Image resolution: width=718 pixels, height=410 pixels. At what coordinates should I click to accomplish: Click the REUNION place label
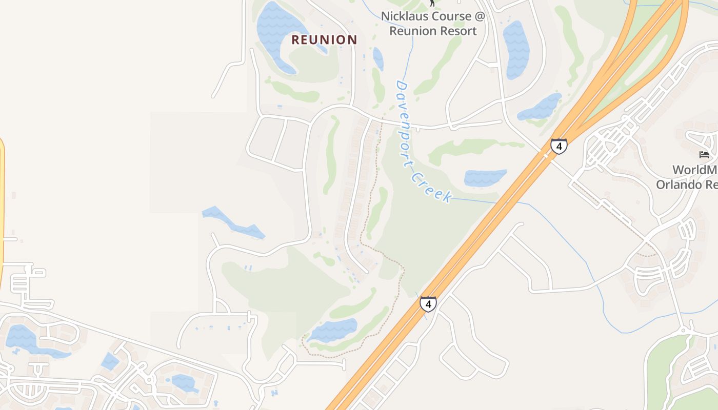click(324, 39)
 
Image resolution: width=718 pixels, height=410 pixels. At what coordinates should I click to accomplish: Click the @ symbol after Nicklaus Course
click(479, 16)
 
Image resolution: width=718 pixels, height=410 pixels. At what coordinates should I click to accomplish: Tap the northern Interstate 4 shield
click(559, 146)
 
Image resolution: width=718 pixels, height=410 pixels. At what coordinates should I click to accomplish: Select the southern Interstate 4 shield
click(428, 304)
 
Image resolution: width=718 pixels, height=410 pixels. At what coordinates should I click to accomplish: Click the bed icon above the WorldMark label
click(704, 154)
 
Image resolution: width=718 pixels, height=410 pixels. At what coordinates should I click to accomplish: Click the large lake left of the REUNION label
click(277, 31)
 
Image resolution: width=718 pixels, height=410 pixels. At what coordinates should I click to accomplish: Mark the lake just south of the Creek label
click(485, 177)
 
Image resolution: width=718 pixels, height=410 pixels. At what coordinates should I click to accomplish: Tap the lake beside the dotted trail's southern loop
click(333, 330)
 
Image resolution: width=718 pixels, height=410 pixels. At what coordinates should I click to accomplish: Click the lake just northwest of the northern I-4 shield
click(541, 107)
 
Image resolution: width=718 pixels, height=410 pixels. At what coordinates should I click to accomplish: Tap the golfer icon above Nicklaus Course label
click(432, 3)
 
